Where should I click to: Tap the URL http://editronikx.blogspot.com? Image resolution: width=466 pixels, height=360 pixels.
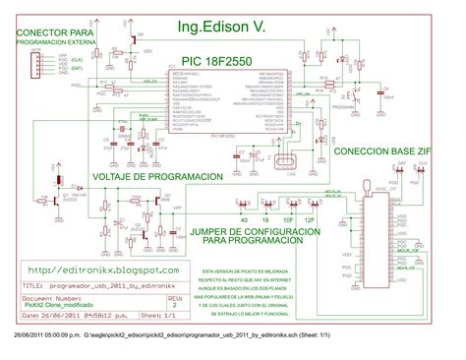[x=103, y=269]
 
